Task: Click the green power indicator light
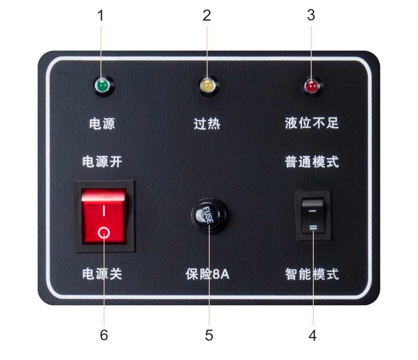coord(102,86)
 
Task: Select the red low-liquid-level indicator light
coord(312,86)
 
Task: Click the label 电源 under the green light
coord(102,124)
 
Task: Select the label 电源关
coord(102,274)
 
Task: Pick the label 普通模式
coord(312,162)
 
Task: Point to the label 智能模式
coord(312,274)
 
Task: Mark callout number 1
coord(100,16)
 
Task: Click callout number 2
coord(207,16)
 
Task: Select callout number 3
coord(311,16)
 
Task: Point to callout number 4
coord(313,335)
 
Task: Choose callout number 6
coord(104,335)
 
